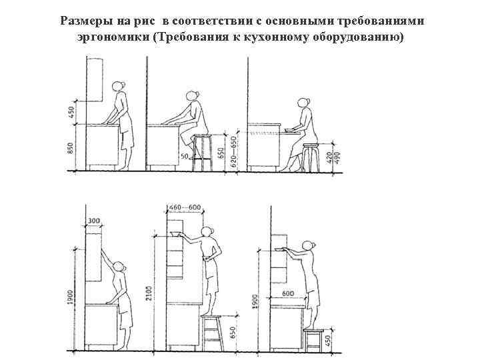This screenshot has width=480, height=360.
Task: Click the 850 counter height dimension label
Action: click(x=71, y=149)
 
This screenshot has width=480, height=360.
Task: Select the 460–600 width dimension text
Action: click(x=186, y=208)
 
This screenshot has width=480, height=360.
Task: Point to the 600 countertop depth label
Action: click(x=288, y=294)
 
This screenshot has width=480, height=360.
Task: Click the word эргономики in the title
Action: click(x=114, y=35)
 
